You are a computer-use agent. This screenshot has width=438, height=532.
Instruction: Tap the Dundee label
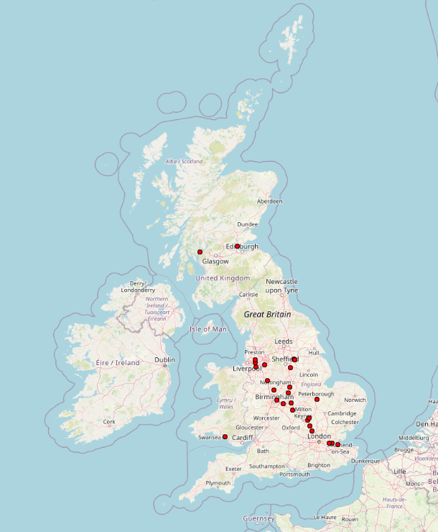pyautogui.click(x=247, y=224)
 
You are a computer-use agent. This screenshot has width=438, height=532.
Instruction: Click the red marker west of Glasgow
pyautogui.click(x=200, y=252)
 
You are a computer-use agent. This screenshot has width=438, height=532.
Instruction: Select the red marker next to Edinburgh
pyautogui.click(x=237, y=246)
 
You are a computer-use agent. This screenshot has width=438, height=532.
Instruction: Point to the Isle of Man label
pyautogui.click(x=209, y=329)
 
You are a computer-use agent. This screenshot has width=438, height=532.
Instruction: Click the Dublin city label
pyautogui.click(x=164, y=359)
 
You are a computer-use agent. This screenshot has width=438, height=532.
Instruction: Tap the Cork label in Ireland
pyautogui.click(x=109, y=422)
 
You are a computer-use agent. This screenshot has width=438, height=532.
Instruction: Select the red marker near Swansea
pyautogui.click(x=225, y=436)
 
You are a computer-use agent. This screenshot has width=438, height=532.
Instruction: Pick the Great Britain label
pyautogui.click(x=267, y=314)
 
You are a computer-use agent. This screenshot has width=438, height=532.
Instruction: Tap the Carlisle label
pyautogui.click(x=248, y=295)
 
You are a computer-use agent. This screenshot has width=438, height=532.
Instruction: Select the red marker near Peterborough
pyautogui.click(x=317, y=399)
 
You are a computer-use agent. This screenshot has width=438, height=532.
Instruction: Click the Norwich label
pyautogui.click(x=355, y=400)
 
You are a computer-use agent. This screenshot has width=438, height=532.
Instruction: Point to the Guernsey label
pyautogui.click(x=259, y=518)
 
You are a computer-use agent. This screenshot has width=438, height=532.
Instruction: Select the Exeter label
pyautogui.click(x=233, y=469)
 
